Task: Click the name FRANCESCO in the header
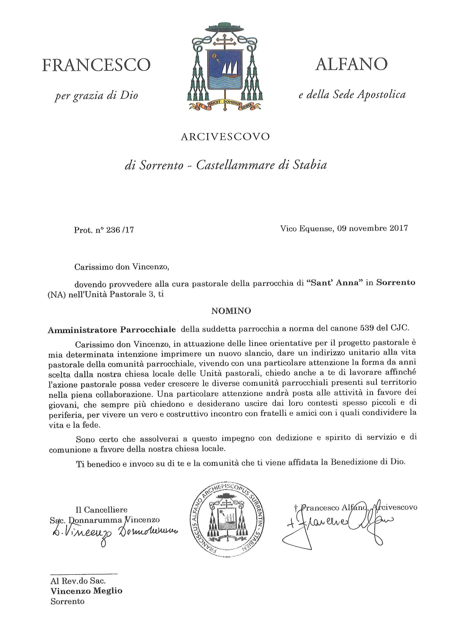(96, 65)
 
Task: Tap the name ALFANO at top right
(351, 64)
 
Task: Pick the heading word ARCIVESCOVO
(225, 137)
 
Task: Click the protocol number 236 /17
(120, 230)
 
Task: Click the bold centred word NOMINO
(231, 311)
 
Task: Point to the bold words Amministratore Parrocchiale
(112, 330)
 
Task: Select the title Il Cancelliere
(102, 510)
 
